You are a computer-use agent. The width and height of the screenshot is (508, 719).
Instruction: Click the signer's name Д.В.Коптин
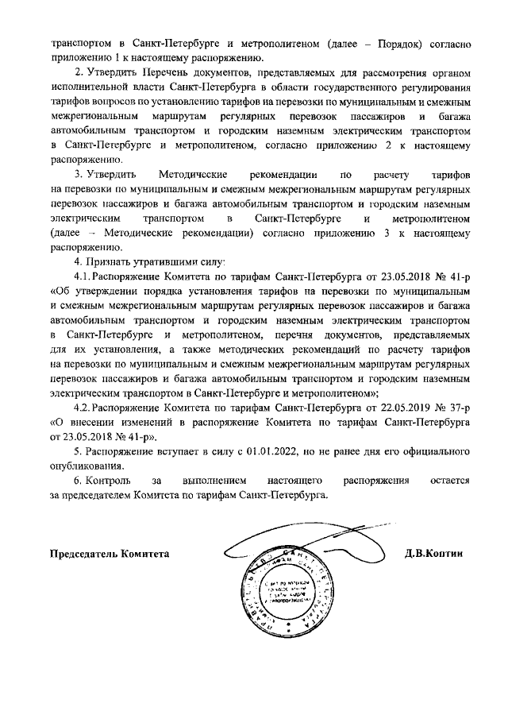[433, 554]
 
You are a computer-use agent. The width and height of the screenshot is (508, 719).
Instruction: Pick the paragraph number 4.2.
[83, 408]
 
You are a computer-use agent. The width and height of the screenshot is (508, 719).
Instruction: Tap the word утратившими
[165, 261]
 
